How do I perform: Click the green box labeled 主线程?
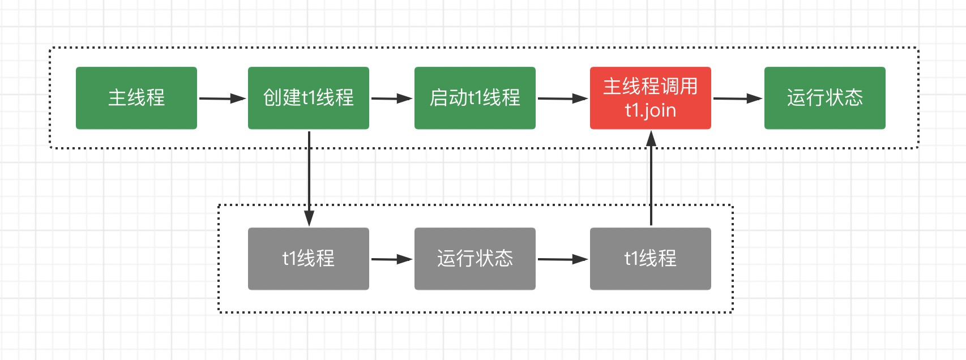(136, 98)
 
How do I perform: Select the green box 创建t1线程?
(309, 98)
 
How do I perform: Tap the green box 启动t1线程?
(475, 98)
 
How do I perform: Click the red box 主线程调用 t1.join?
(651, 98)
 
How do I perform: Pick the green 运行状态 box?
(825, 98)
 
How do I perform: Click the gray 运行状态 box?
(475, 259)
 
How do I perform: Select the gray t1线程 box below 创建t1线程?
(309, 259)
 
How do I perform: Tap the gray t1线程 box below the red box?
(651, 259)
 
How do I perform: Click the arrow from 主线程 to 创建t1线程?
(221, 98)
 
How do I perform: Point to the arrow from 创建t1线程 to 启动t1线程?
(391, 98)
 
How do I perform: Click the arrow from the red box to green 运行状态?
(737, 98)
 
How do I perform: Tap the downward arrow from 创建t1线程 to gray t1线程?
(309, 175)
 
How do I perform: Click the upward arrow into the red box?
(651, 181)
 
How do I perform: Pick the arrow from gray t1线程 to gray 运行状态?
(391, 259)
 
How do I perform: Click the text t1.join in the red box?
(651, 110)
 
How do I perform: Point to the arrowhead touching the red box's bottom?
(651, 138)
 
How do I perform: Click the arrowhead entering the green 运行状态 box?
(754, 98)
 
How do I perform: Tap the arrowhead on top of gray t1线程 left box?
(309, 218)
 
